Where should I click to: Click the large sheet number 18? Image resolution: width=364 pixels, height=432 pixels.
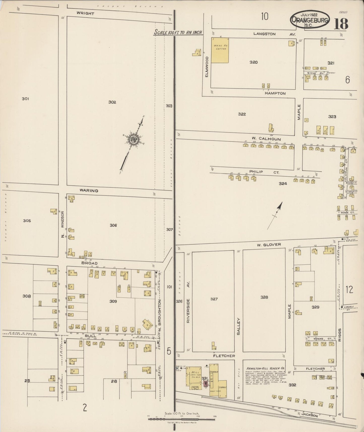[341, 24]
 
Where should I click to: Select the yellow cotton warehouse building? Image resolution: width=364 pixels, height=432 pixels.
[220, 50]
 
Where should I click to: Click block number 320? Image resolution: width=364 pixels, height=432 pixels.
[253, 62]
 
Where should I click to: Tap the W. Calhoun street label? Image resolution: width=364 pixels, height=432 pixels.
[266, 139]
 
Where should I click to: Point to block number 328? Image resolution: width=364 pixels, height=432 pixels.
[264, 297]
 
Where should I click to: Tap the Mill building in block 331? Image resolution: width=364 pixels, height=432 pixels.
[194, 376]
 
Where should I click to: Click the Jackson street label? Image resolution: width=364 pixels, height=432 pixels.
[310, 415]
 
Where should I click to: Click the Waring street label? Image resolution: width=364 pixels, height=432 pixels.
[89, 191]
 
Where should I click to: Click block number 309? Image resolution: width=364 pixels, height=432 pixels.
[113, 301]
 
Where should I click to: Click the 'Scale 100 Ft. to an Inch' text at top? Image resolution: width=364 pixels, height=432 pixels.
[178, 32]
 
